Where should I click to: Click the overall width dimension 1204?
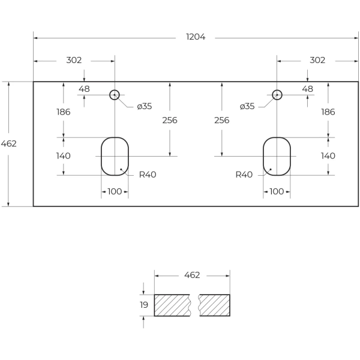(x=196, y=37)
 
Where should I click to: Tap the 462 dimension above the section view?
(x=192, y=275)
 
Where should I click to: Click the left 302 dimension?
(x=74, y=60)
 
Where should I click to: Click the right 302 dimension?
(x=317, y=60)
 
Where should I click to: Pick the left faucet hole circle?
(x=115, y=95)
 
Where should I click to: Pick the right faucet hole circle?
(x=277, y=95)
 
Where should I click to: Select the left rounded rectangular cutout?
(x=115, y=156)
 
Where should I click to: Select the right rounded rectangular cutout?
(x=277, y=156)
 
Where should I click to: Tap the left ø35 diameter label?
(x=144, y=106)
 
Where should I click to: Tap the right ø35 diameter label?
(x=247, y=106)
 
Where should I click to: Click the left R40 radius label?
(x=148, y=175)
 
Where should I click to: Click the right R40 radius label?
(x=244, y=175)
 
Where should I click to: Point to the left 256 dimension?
(x=170, y=120)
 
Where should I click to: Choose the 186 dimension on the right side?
(x=328, y=112)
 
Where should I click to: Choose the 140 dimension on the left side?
(x=64, y=156)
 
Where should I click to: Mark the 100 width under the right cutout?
(x=277, y=191)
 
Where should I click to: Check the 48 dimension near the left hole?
(x=84, y=89)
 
